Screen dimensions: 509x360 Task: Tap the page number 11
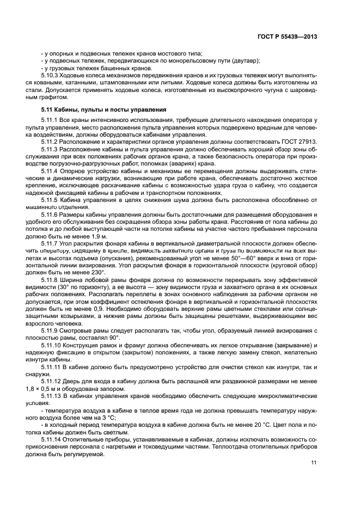[x=314, y=463]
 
